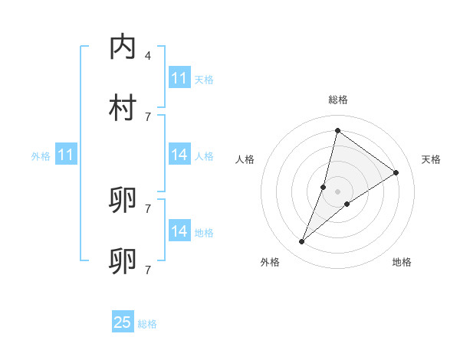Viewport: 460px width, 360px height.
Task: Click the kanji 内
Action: coord(123,47)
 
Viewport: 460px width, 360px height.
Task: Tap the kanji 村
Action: coord(123,108)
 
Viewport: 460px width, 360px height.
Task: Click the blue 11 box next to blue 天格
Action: coord(179,78)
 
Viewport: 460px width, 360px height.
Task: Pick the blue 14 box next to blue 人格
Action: coord(179,155)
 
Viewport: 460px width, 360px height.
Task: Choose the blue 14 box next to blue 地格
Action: coord(179,231)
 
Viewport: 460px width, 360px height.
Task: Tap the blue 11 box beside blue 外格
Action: coord(66,155)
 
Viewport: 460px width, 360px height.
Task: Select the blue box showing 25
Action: coord(123,322)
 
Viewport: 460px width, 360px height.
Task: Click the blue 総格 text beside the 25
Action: coord(147,324)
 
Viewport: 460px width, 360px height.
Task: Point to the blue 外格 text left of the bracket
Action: coord(41,156)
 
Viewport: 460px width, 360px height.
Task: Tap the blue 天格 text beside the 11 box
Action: coord(204,80)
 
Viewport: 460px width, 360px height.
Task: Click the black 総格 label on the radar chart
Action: coord(337,100)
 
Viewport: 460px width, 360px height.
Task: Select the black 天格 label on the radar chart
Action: coord(431,159)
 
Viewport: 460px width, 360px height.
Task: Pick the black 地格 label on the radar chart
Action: coord(402,262)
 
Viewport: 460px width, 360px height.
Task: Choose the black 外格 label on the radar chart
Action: coord(270,262)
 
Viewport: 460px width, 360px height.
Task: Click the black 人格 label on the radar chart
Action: coord(245,159)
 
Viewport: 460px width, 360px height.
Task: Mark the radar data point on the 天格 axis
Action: coord(396,172)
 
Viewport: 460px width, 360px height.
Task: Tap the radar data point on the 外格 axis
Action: coord(302,242)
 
